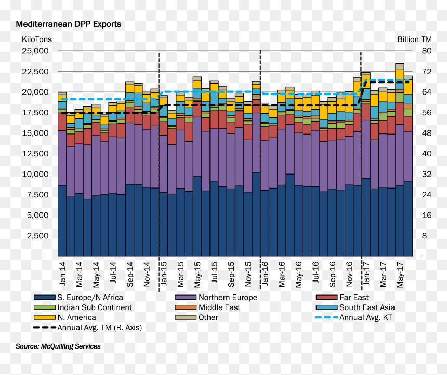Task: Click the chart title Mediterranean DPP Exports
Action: click(x=69, y=24)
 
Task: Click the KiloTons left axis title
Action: click(x=37, y=39)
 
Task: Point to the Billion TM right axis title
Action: click(x=414, y=39)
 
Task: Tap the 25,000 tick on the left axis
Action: click(x=35, y=51)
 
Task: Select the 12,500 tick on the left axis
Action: click(x=35, y=154)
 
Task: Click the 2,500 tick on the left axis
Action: click(x=37, y=236)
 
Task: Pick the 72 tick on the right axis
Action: click(x=427, y=72)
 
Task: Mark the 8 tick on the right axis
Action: click(x=425, y=236)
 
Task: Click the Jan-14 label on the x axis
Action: click(x=62, y=274)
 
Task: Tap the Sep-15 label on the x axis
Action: click(x=231, y=274)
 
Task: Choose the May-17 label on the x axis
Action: click(x=400, y=275)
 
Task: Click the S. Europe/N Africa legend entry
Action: click(x=78, y=298)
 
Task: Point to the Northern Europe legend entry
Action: click(x=216, y=298)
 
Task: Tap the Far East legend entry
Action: click(x=342, y=298)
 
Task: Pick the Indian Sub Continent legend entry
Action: click(x=83, y=307)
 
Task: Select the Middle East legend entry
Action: click(x=207, y=307)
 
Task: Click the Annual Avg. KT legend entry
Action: click(x=354, y=317)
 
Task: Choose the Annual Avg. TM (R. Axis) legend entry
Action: click(x=87, y=327)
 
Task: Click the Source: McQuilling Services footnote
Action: click(x=58, y=346)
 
